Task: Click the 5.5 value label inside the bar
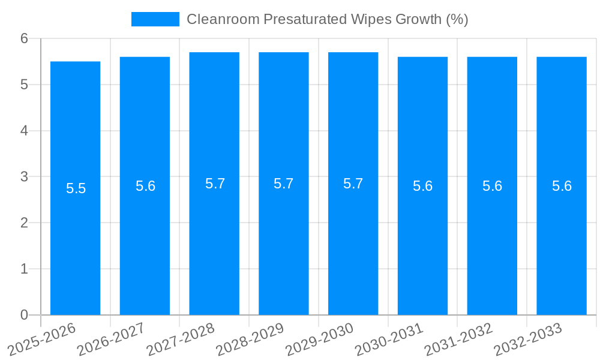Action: [76, 188]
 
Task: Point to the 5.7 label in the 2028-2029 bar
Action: [284, 184]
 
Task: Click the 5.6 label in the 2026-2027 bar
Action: [145, 186]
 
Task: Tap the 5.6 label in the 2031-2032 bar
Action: [492, 186]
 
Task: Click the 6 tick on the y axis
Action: [24, 38]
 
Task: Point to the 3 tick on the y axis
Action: [24, 177]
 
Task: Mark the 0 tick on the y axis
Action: [24, 315]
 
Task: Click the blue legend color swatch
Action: [155, 19]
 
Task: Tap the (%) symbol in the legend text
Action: [456, 19]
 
